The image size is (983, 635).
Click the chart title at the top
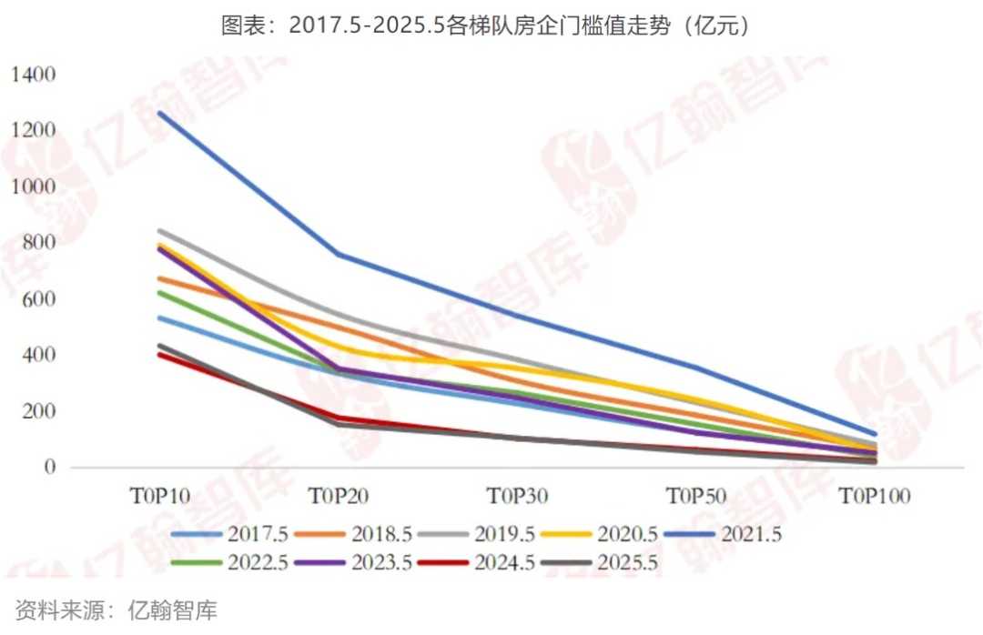click(491, 25)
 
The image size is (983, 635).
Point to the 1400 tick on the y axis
click(34, 75)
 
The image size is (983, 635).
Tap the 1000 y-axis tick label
click(34, 186)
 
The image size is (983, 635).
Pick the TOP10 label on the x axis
click(159, 497)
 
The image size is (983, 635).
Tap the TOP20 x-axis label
click(338, 497)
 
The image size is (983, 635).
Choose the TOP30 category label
click(517, 497)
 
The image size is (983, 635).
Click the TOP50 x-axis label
click(696, 497)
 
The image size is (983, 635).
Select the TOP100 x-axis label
click(875, 497)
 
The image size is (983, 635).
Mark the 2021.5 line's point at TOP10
click(159, 113)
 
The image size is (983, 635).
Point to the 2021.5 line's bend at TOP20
click(338, 254)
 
